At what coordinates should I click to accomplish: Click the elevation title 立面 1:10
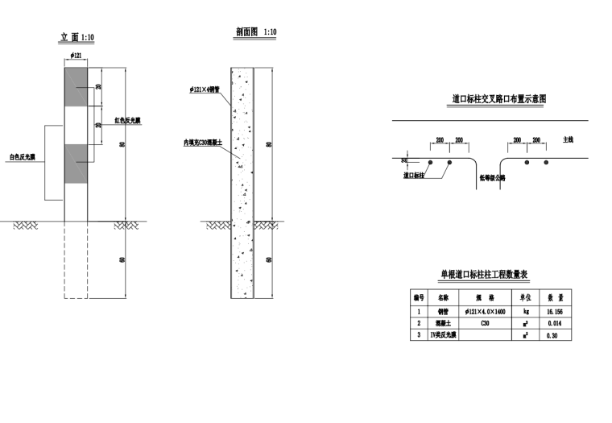[x=77, y=37]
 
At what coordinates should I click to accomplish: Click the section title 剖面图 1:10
[x=256, y=32]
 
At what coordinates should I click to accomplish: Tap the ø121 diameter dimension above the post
[x=77, y=55]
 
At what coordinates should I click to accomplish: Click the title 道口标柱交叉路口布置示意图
[x=499, y=99]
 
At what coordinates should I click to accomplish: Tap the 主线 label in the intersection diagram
[x=569, y=139]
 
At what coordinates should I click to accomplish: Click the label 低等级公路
[x=491, y=177]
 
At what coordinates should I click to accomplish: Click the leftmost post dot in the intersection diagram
[x=431, y=163]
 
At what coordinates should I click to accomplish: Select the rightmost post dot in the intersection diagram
[x=546, y=163]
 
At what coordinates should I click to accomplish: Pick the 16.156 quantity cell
[x=553, y=310]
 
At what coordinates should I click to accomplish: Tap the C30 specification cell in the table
[x=485, y=322]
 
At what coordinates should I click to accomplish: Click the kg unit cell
[x=525, y=310]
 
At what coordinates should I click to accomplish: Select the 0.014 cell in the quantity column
[x=553, y=322]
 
